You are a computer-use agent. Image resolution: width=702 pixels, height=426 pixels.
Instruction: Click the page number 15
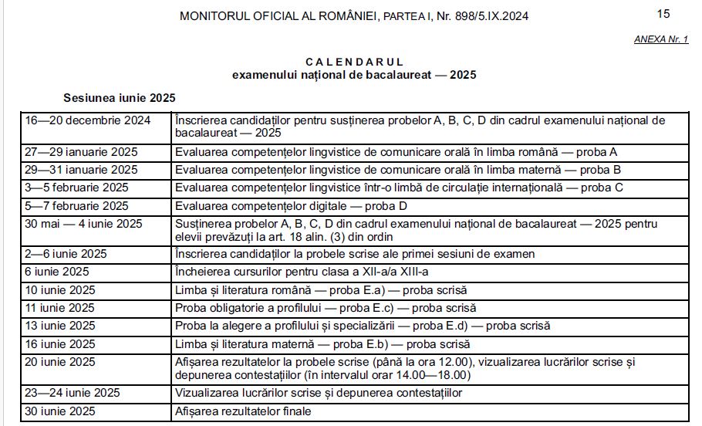(663, 14)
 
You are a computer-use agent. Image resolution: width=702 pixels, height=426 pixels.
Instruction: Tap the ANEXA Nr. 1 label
(661, 39)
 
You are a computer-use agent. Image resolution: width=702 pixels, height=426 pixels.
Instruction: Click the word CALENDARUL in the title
(354, 62)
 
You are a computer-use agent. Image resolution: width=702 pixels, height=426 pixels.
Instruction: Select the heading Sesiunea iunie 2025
(120, 98)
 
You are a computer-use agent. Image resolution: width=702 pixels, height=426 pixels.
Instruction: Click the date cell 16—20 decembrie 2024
(87, 120)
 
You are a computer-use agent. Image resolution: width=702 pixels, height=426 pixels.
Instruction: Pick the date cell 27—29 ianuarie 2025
(81, 152)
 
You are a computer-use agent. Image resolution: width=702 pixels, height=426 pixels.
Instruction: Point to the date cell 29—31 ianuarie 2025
(81, 170)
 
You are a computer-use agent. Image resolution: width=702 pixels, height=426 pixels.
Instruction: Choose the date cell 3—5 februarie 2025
(77, 188)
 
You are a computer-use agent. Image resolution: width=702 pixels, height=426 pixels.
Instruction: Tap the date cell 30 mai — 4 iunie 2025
(84, 224)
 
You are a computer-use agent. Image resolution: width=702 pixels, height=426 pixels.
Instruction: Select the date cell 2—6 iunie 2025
(66, 254)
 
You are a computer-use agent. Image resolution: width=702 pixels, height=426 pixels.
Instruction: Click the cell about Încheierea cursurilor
(302, 272)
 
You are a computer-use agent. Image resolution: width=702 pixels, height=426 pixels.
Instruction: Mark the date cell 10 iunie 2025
(60, 290)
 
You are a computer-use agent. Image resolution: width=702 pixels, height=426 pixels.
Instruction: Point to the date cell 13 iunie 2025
(60, 326)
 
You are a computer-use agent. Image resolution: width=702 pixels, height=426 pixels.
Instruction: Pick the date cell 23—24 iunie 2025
(73, 393)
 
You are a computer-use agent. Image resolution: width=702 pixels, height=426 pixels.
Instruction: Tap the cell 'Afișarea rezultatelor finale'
(243, 411)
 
